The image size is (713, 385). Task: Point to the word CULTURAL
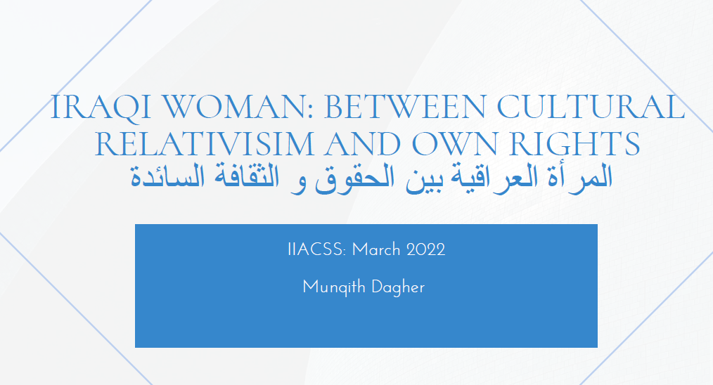[591, 107]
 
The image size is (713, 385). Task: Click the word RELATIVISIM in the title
[204, 144]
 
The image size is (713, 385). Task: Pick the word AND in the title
[362, 144]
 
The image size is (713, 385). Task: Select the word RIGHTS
[574, 144]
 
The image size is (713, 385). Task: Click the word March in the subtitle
[376, 250]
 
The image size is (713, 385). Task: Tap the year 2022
[425, 250]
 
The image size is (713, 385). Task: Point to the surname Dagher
[397, 288]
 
